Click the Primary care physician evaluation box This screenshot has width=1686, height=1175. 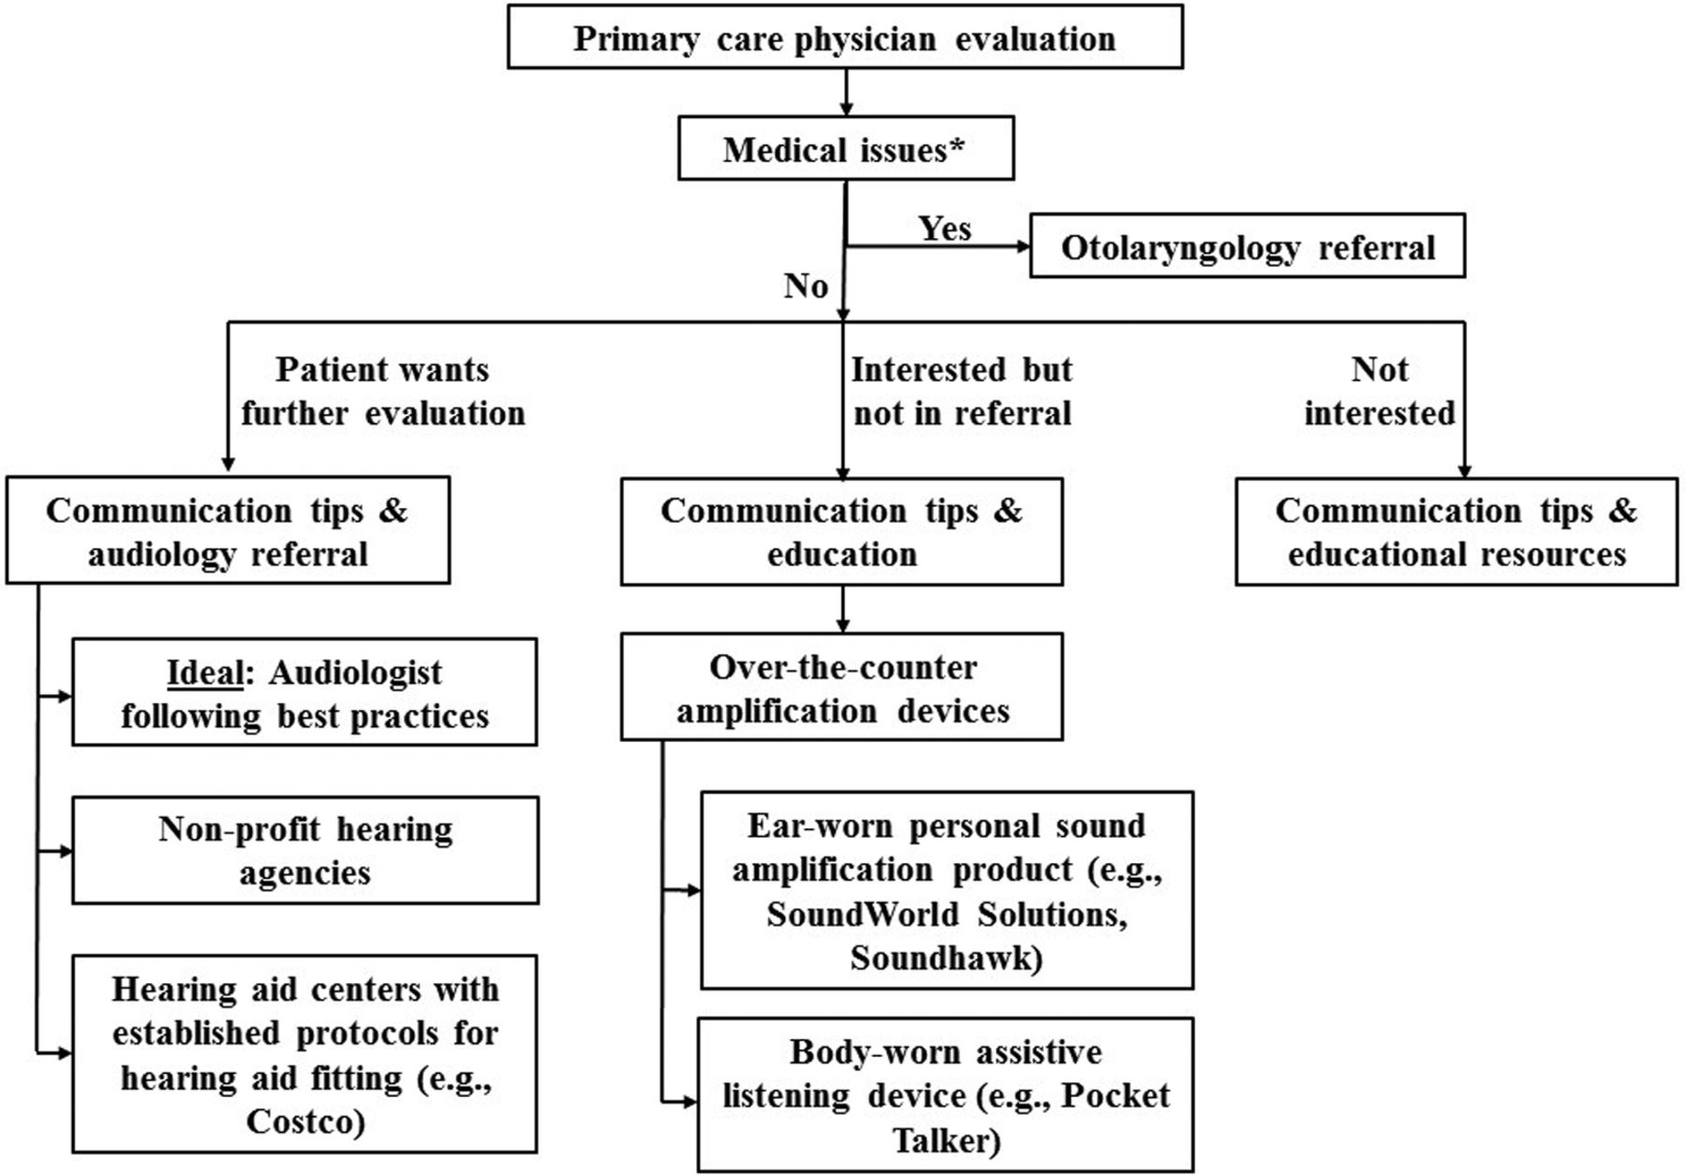(x=845, y=37)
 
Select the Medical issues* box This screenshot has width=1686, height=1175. (x=846, y=148)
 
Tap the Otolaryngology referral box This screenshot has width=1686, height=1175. (x=1248, y=245)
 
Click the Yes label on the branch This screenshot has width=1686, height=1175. (x=944, y=228)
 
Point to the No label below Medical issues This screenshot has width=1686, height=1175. (x=806, y=285)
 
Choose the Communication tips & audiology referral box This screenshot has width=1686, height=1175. (x=228, y=530)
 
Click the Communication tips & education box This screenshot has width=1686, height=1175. (x=842, y=531)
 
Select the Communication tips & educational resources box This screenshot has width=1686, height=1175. (x=1457, y=531)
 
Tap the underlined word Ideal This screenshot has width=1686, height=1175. (x=204, y=673)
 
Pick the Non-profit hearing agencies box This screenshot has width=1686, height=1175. (x=305, y=850)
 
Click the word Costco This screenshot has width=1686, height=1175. (x=305, y=1121)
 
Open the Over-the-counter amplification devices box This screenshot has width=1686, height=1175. (x=842, y=687)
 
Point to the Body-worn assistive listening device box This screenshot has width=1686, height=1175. (x=946, y=1095)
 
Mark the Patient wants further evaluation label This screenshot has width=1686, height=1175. (x=383, y=391)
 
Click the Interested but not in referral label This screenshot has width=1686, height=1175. (x=962, y=391)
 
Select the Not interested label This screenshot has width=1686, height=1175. (x=1380, y=391)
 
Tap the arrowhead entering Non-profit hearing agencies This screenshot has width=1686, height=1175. (x=65, y=851)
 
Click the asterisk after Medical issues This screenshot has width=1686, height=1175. (x=956, y=145)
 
